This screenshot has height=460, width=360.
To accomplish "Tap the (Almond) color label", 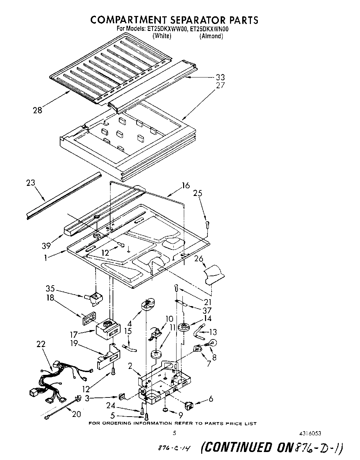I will (211, 36).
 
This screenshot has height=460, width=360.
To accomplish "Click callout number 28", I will (38, 110).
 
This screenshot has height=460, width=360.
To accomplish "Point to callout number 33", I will (220, 77).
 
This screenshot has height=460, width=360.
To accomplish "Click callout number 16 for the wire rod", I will (186, 186).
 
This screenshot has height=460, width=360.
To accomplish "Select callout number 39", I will (46, 246).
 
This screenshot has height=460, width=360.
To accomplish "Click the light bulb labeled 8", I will (213, 343).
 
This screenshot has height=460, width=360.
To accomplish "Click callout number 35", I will (50, 288).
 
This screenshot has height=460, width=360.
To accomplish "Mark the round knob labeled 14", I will (184, 327).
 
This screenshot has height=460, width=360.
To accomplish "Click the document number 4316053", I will (310, 433).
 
